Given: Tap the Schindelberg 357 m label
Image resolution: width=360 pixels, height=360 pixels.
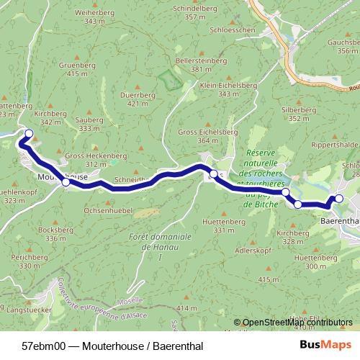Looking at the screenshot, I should (190, 12).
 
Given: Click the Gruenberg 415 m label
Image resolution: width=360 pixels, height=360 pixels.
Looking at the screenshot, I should (81, 68).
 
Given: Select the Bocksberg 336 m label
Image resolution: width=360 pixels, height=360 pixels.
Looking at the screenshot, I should (60, 233).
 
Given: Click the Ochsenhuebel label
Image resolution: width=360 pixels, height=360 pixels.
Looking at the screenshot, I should (104, 211).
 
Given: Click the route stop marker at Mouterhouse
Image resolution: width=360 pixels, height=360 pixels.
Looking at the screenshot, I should (66, 182).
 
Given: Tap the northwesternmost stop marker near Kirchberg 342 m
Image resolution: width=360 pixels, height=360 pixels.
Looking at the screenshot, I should (30, 133).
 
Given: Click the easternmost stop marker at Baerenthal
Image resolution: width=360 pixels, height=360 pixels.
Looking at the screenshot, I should (339, 199).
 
